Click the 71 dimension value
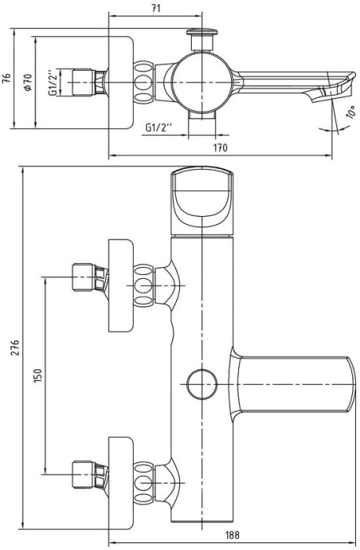click(x=156, y=8)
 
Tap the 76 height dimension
click(x=6, y=79)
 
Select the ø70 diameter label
click(x=28, y=82)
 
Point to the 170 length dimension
click(x=220, y=148)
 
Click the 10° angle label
click(x=351, y=112)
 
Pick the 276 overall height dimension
click(x=15, y=347)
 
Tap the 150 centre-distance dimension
click(x=38, y=376)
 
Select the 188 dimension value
click(x=233, y=535)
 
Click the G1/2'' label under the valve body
click(x=158, y=127)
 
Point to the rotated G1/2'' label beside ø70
click(x=53, y=82)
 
